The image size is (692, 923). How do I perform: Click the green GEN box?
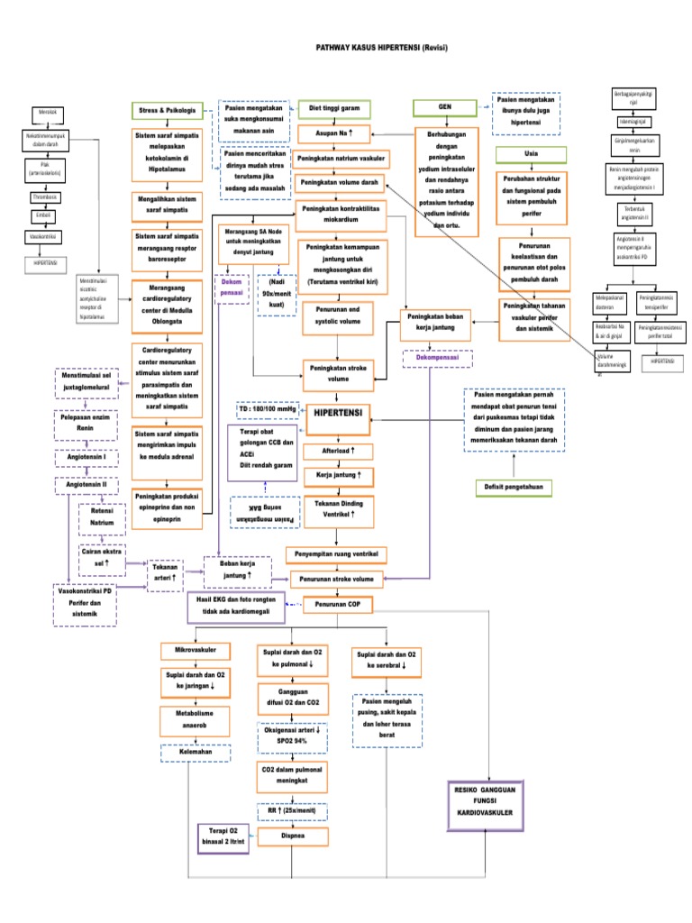(444, 107)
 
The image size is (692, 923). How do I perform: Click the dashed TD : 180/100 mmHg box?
(268, 410)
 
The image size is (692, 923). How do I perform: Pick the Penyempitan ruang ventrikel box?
(336, 552)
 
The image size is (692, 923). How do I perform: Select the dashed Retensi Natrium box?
(102, 516)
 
